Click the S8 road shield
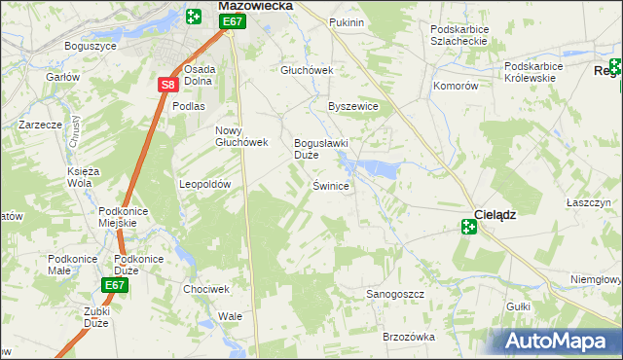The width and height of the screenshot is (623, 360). click(167, 85)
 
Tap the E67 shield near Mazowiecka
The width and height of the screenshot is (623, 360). click(231, 21)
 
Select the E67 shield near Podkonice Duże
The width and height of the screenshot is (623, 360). click(115, 285)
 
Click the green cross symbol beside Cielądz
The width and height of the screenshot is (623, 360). click(468, 227)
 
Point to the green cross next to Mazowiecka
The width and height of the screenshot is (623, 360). click(194, 16)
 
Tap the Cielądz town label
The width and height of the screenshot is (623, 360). click(494, 214)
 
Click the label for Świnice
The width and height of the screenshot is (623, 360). click(330, 185)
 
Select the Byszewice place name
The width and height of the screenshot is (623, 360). click(352, 106)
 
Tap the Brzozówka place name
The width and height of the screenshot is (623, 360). click(408, 336)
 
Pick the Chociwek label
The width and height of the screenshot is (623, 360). click(205, 289)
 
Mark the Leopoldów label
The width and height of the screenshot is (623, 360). click(204, 184)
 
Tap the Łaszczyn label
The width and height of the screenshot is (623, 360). click(588, 202)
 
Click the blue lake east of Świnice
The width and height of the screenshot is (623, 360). click(379, 170)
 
